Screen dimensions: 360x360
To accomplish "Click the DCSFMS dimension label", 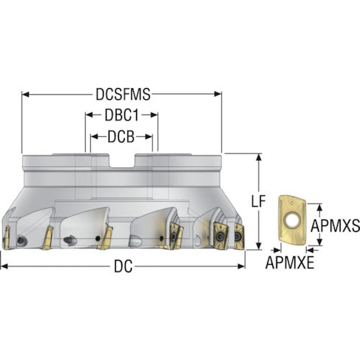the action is click(x=123, y=94).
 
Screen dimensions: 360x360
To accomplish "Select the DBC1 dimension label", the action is click(x=122, y=115).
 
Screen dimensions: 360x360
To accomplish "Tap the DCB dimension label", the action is click(x=121, y=137).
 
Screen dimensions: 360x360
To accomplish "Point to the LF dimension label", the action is click(x=258, y=202).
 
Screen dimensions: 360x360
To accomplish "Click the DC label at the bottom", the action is click(x=123, y=266).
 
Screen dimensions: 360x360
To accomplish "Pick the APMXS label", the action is click(x=336, y=226).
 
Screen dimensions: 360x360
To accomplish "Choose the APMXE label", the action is click(x=290, y=263).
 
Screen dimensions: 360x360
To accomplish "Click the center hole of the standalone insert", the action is click(x=292, y=220).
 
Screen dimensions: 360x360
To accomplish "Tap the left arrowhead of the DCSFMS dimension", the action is click(x=25, y=94).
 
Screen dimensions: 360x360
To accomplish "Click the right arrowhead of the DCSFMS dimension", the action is click(x=217, y=94).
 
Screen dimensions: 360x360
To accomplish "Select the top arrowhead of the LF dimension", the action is click(x=258, y=157).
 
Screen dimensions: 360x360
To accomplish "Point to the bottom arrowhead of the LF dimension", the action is click(x=258, y=246).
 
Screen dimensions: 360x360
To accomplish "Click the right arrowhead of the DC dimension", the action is click(x=241, y=266).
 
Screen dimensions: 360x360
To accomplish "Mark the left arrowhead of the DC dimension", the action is click(x=4, y=266).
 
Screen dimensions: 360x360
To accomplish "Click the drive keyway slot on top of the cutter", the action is click(x=122, y=161).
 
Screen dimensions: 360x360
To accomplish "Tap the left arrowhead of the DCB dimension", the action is click(x=94, y=137).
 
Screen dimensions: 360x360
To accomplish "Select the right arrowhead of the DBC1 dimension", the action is click(x=154, y=115).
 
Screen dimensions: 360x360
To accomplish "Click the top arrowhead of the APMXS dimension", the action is click(x=319, y=207).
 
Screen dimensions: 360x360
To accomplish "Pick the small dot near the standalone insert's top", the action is click(x=292, y=203).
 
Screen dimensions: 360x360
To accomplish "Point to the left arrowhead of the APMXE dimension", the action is click(x=277, y=251).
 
